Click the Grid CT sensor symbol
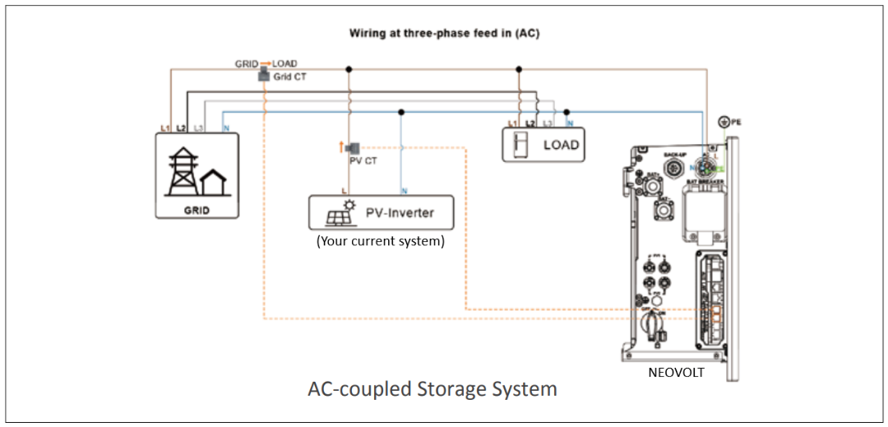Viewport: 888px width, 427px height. pyautogui.click(x=264, y=75)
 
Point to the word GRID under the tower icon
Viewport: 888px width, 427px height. pyautogui.click(x=197, y=210)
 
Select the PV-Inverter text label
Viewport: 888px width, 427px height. pyautogui.click(x=400, y=213)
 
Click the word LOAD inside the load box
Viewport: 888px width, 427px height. pyautogui.click(x=561, y=145)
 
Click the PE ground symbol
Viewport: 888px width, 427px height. pyautogui.click(x=724, y=122)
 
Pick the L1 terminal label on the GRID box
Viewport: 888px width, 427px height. pyautogui.click(x=164, y=128)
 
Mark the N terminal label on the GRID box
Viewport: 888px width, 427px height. pyautogui.click(x=225, y=128)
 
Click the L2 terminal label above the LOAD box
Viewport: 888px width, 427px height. pyautogui.click(x=530, y=123)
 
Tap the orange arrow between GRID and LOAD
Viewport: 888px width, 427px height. pyautogui.click(x=266, y=63)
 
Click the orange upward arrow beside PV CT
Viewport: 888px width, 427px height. pyautogui.click(x=341, y=147)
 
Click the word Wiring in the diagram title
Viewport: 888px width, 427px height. pyautogui.click(x=368, y=34)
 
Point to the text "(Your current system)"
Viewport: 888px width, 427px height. pyautogui.click(x=380, y=242)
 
